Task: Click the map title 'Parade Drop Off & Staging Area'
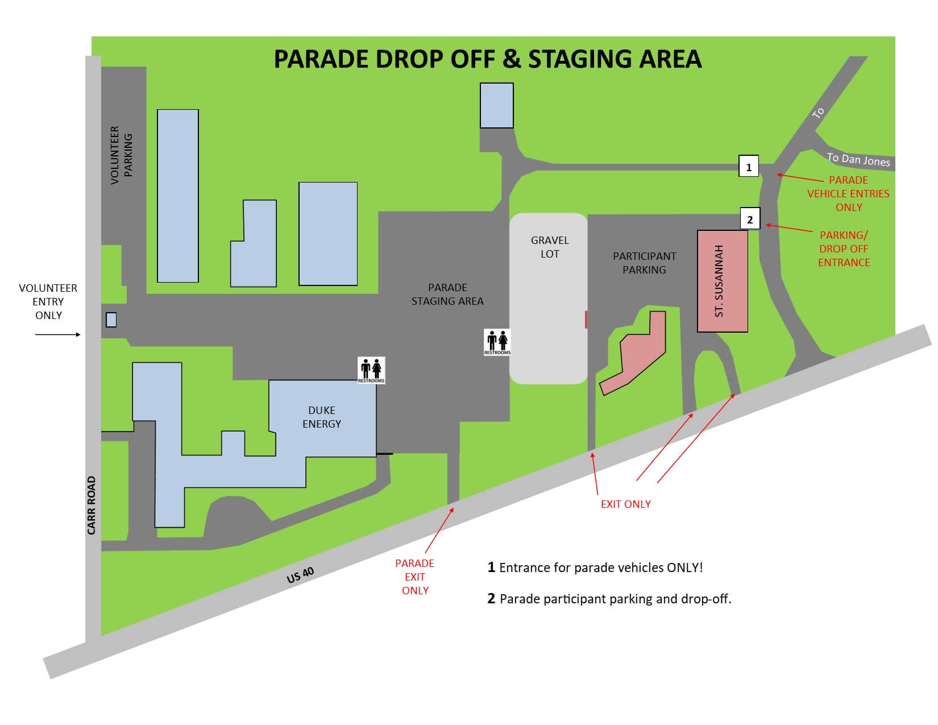(x=487, y=60)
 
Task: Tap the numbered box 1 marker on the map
(x=749, y=167)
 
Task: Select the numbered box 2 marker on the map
(x=750, y=219)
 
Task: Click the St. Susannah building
(x=723, y=281)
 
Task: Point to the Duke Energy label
(x=322, y=417)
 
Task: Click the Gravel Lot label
(x=550, y=247)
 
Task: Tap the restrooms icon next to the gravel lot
(x=497, y=342)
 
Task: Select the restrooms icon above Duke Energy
(x=371, y=370)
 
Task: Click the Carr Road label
(x=92, y=506)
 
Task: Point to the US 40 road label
(x=300, y=575)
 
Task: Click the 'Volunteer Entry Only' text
(x=48, y=301)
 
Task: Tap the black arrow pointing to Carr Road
(x=58, y=335)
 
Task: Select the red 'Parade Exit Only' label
(x=414, y=577)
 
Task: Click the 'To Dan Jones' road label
(x=858, y=160)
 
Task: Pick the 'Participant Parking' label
(x=644, y=263)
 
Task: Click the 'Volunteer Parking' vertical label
(x=122, y=155)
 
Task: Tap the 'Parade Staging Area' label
(x=447, y=294)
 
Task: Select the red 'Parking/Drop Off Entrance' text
(x=844, y=248)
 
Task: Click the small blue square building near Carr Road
(x=111, y=320)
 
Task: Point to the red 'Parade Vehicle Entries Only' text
(x=848, y=193)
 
